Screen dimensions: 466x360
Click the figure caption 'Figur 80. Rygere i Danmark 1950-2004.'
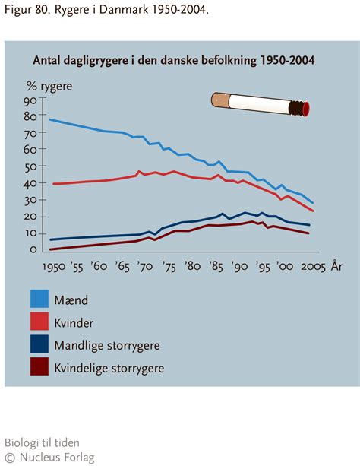105,10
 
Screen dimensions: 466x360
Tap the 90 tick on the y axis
30,100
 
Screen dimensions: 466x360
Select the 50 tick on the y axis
30,166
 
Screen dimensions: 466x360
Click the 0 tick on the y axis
33,249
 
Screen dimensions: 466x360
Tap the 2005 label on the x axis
311,267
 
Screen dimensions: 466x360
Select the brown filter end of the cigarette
219,99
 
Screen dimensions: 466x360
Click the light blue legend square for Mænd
40,300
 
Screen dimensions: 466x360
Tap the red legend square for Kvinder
40,322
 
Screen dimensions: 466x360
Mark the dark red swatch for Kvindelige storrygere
40,369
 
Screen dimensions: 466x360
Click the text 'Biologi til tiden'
42,442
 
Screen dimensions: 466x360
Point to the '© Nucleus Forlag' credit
43,457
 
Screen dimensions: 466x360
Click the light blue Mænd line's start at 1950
49,119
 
